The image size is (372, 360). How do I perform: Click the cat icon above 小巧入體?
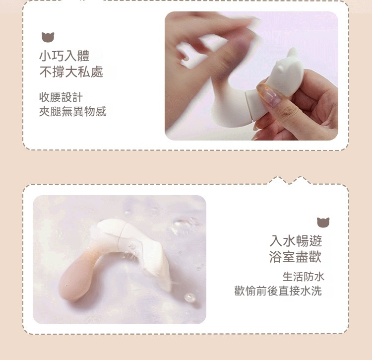[x=48, y=37]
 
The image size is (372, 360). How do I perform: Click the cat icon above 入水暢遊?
[x=323, y=222]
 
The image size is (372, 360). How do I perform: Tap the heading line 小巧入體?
[x=64, y=56]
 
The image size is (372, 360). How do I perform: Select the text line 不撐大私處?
[x=71, y=72]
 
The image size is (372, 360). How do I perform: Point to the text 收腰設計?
[x=61, y=97]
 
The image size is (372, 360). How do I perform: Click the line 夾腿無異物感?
[x=72, y=112]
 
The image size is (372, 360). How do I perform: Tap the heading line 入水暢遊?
[x=296, y=241]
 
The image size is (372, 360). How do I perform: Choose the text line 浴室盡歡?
[x=296, y=257]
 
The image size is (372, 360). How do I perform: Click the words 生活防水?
[x=303, y=277]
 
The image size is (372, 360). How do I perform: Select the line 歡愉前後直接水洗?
[x=278, y=291]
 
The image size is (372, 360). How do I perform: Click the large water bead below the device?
[x=190, y=297]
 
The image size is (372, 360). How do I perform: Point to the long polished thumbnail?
[x=268, y=93]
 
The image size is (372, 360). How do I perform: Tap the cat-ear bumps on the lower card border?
[x=290, y=180]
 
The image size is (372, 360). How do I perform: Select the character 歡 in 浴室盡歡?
[x=315, y=257]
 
